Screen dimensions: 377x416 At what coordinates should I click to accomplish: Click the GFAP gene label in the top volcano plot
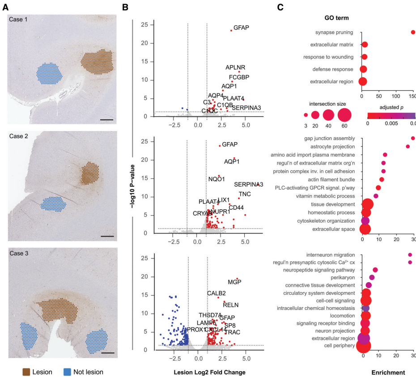pyautogui.click(x=241, y=28)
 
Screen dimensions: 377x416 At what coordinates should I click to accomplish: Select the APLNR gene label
pyautogui.click(x=235, y=68)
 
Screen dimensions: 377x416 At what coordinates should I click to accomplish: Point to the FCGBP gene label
pyautogui.click(x=239, y=77)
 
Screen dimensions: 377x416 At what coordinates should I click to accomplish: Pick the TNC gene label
pyautogui.click(x=245, y=194)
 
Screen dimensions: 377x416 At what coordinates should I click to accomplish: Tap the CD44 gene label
pyautogui.click(x=236, y=208)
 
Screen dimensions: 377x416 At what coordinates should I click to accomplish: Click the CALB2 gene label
pyautogui.click(x=216, y=293)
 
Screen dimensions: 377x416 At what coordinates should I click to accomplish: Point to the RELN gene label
pyautogui.click(x=231, y=305)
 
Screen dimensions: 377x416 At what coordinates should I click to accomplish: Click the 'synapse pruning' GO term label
pyautogui.click(x=334, y=32)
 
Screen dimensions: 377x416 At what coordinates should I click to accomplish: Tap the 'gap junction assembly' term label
pyautogui.click(x=329, y=138)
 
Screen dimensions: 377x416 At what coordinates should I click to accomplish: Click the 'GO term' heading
pyautogui.click(x=336, y=18)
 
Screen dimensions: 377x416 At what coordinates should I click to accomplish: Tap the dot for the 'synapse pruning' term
pyautogui.click(x=413, y=32)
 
